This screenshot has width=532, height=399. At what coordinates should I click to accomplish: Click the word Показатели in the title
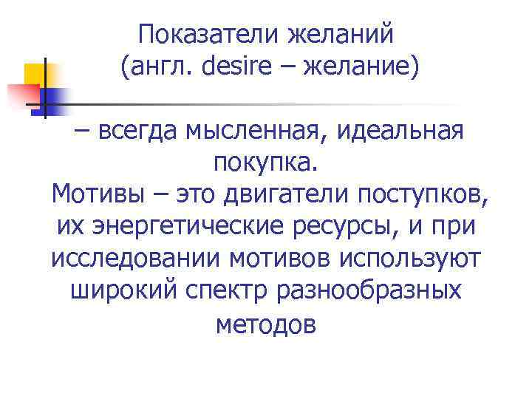pyautogui.click(x=197, y=34)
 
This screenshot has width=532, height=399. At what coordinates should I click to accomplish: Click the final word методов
pyautogui.click(x=266, y=324)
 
